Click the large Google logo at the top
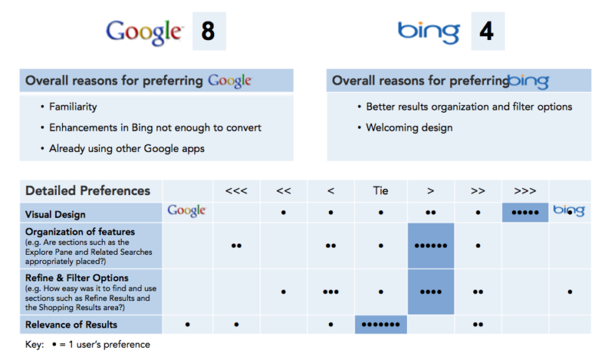144,31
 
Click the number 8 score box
208,31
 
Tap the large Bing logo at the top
428,31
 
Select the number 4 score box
488,31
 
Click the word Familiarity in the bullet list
73,107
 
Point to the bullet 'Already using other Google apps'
127,148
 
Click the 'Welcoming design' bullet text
409,128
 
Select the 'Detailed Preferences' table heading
88,191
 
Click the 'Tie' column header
380,191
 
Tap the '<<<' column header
237,191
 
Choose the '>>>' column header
524,191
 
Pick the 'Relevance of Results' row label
71,324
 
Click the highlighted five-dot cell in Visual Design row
524,213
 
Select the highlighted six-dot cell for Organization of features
430,246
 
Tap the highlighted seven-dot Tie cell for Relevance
380,324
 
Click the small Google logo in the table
187,211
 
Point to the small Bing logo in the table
569,211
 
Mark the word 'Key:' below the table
36,345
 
